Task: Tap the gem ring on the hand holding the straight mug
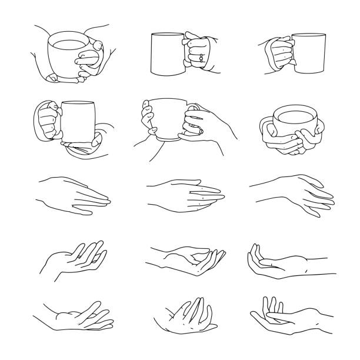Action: pos(202,58)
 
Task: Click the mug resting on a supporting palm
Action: pos(76,121)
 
